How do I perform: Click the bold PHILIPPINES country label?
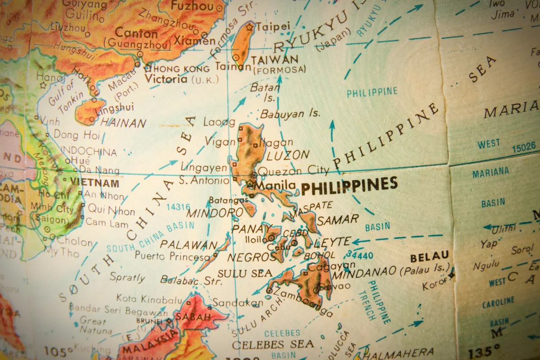349,185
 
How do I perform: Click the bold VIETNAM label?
94,183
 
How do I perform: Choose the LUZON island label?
288,156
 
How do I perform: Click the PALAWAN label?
189,245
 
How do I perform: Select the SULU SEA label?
245,273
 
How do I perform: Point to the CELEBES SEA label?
273,344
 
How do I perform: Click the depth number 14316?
178,207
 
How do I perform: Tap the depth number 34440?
360,256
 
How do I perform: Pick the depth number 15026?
524,146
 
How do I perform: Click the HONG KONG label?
181,69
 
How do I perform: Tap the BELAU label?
429,258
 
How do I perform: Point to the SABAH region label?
193,316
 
